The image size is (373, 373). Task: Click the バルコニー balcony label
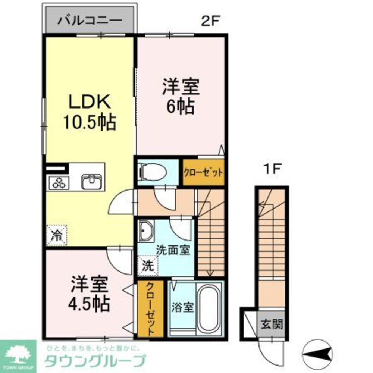(x=90, y=20)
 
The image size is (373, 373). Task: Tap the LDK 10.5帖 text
(x=89, y=112)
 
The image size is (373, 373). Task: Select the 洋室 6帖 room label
(x=181, y=97)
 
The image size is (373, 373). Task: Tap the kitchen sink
(x=90, y=182)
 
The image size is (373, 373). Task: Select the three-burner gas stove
(x=59, y=183)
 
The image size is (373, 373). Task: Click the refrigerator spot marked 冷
(x=57, y=235)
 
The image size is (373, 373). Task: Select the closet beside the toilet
(x=203, y=173)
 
